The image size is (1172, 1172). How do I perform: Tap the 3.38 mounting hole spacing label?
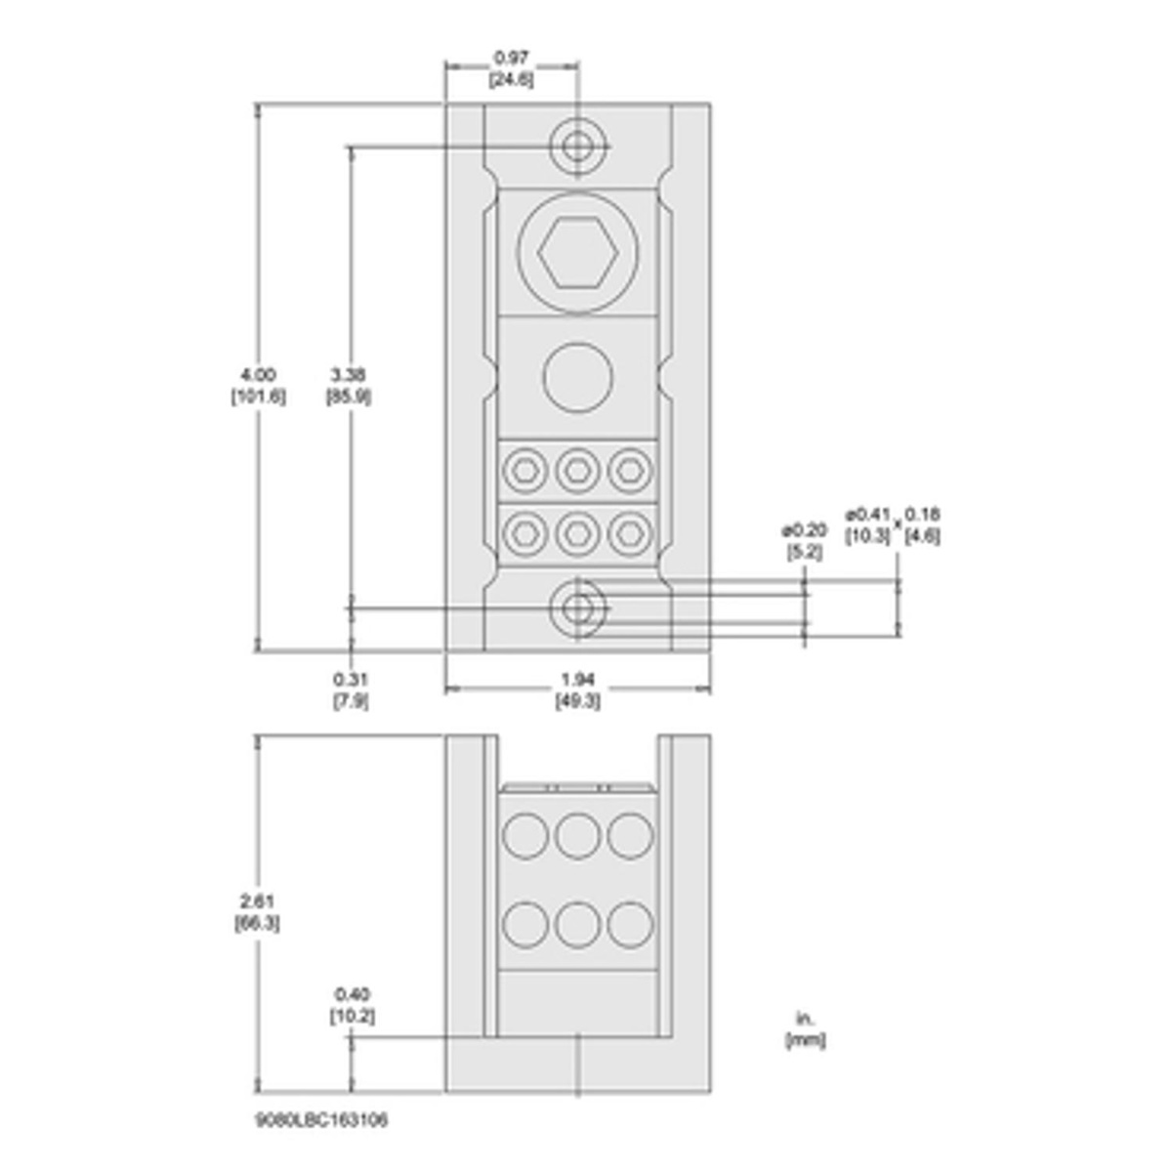(x=348, y=384)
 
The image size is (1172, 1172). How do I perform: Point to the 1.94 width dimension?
(x=577, y=690)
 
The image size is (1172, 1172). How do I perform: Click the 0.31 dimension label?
(x=351, y=690)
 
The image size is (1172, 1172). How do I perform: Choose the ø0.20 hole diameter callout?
(x=804, y=540)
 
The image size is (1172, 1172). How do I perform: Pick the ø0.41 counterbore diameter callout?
(x=867, y=524)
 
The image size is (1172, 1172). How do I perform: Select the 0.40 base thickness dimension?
(x=352, y=1004)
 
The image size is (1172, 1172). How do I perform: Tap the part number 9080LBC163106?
(x=320, y=1120)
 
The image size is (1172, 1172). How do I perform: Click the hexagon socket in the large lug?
(x=577, y=251)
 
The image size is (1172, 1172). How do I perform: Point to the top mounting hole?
(x=577, y=146)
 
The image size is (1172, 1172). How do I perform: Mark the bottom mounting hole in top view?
(x=577, y=608)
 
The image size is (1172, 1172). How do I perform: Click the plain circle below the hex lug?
(x=577, y=378)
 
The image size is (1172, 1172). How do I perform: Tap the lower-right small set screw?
(x=630, y=532)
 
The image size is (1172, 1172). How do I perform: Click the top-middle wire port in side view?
(x=577, y=835)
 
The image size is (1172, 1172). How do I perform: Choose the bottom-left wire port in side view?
(x=523, y=923)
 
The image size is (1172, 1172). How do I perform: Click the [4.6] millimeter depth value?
(x=922, y=535)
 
